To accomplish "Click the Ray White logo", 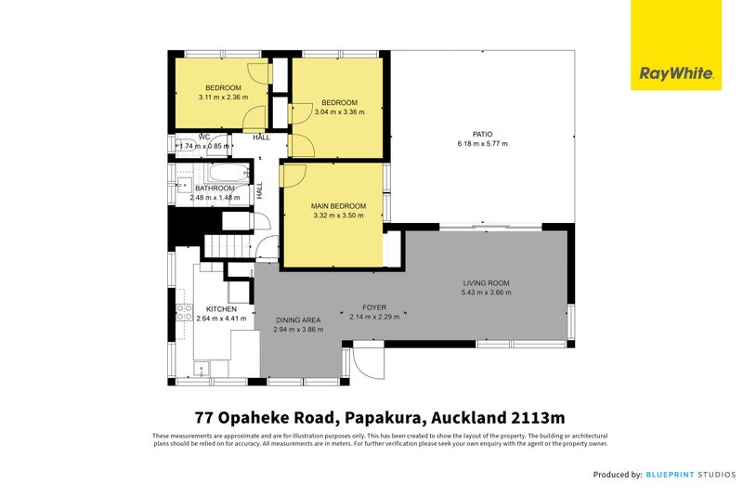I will [x=676, y=72].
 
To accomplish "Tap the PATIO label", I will [x=482, y=134].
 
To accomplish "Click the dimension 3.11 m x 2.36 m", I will [x=223, y=98].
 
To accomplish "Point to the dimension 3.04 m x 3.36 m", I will [x=340, y=111].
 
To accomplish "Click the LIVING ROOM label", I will [x=487, y=282].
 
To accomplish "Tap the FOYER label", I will [x=374, y=307].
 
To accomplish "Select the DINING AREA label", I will [x=297, y=320].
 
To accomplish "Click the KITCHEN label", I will [x=221, y=308].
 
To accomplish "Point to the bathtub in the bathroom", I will [x=228, y=174].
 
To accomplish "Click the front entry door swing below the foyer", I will [x=367, y=361].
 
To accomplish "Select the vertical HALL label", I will [x=260, y=189].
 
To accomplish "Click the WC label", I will [x=203, y=137].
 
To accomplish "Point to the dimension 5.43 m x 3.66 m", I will [x=487, y=293].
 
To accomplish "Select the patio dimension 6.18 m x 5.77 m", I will [x=482, y=144].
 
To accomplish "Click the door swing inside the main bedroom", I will [x=293, y=176].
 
